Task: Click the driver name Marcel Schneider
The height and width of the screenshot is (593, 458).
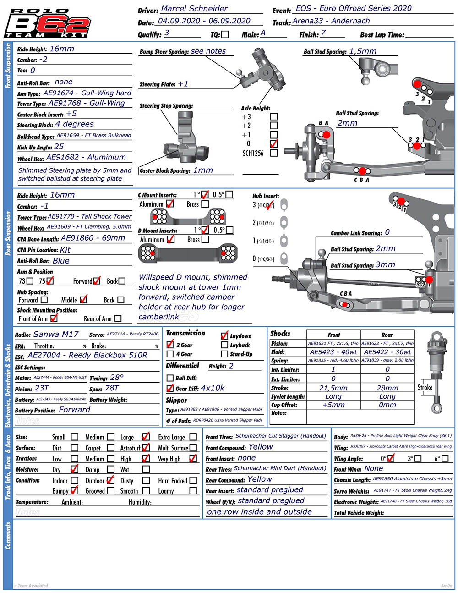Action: click(x=194, y=9)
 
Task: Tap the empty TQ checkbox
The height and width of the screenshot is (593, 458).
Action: click(x=225, y=34)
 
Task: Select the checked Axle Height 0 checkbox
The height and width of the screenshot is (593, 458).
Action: click(x=274, y=143)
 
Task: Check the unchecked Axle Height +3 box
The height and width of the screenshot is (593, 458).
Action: click(x=274, y=116)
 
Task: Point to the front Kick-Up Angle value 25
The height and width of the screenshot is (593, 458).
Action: click(x=59, y=147)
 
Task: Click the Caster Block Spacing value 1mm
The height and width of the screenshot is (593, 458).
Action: click(x=203, y=170)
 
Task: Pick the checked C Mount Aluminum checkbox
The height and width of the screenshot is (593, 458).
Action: click(x=170, y=204)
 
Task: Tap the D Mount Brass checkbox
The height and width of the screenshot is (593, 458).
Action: click(x=205, y=239)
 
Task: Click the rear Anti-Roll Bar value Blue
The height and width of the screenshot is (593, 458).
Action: click(x=61, y=261)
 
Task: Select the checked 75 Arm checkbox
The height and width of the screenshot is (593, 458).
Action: click(x=50, y=281)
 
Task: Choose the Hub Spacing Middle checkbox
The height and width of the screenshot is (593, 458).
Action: click(x=83, y=300)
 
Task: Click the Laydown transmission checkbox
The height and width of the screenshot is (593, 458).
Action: click(x=224, y=336)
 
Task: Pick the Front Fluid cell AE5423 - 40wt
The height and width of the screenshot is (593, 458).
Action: click(x=333, y=352)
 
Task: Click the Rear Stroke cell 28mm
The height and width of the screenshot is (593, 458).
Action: click(x=387, y=388)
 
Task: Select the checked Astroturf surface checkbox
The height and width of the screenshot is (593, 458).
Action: click(x=146, y=448)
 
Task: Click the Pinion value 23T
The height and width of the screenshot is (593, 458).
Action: click(x=42, y=388)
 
